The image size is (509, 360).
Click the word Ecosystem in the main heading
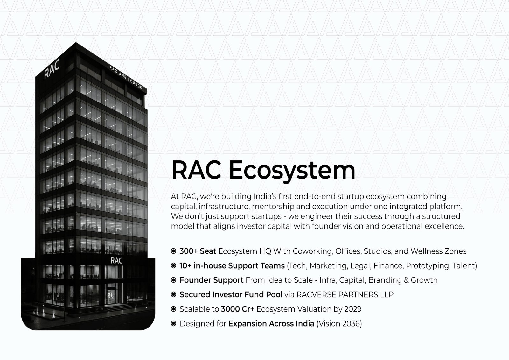click(292, 171)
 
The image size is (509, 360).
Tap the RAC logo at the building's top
click(52, 69)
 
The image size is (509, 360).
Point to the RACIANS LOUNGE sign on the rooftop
click(125, 77)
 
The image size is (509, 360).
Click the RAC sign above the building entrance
click(116, 260)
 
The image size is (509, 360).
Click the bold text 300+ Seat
click(198, 251)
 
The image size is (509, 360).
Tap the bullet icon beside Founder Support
click(173, 280)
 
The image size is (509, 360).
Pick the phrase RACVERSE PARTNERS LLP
click(345, 294)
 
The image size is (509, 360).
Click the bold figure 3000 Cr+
click(237, 309)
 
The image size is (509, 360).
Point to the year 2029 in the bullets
click(353, 309)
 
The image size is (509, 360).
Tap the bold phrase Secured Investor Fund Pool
click(231, 294)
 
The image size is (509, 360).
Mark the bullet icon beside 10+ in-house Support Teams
click(173, 265)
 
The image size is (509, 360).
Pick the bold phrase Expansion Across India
click(271, 324)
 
